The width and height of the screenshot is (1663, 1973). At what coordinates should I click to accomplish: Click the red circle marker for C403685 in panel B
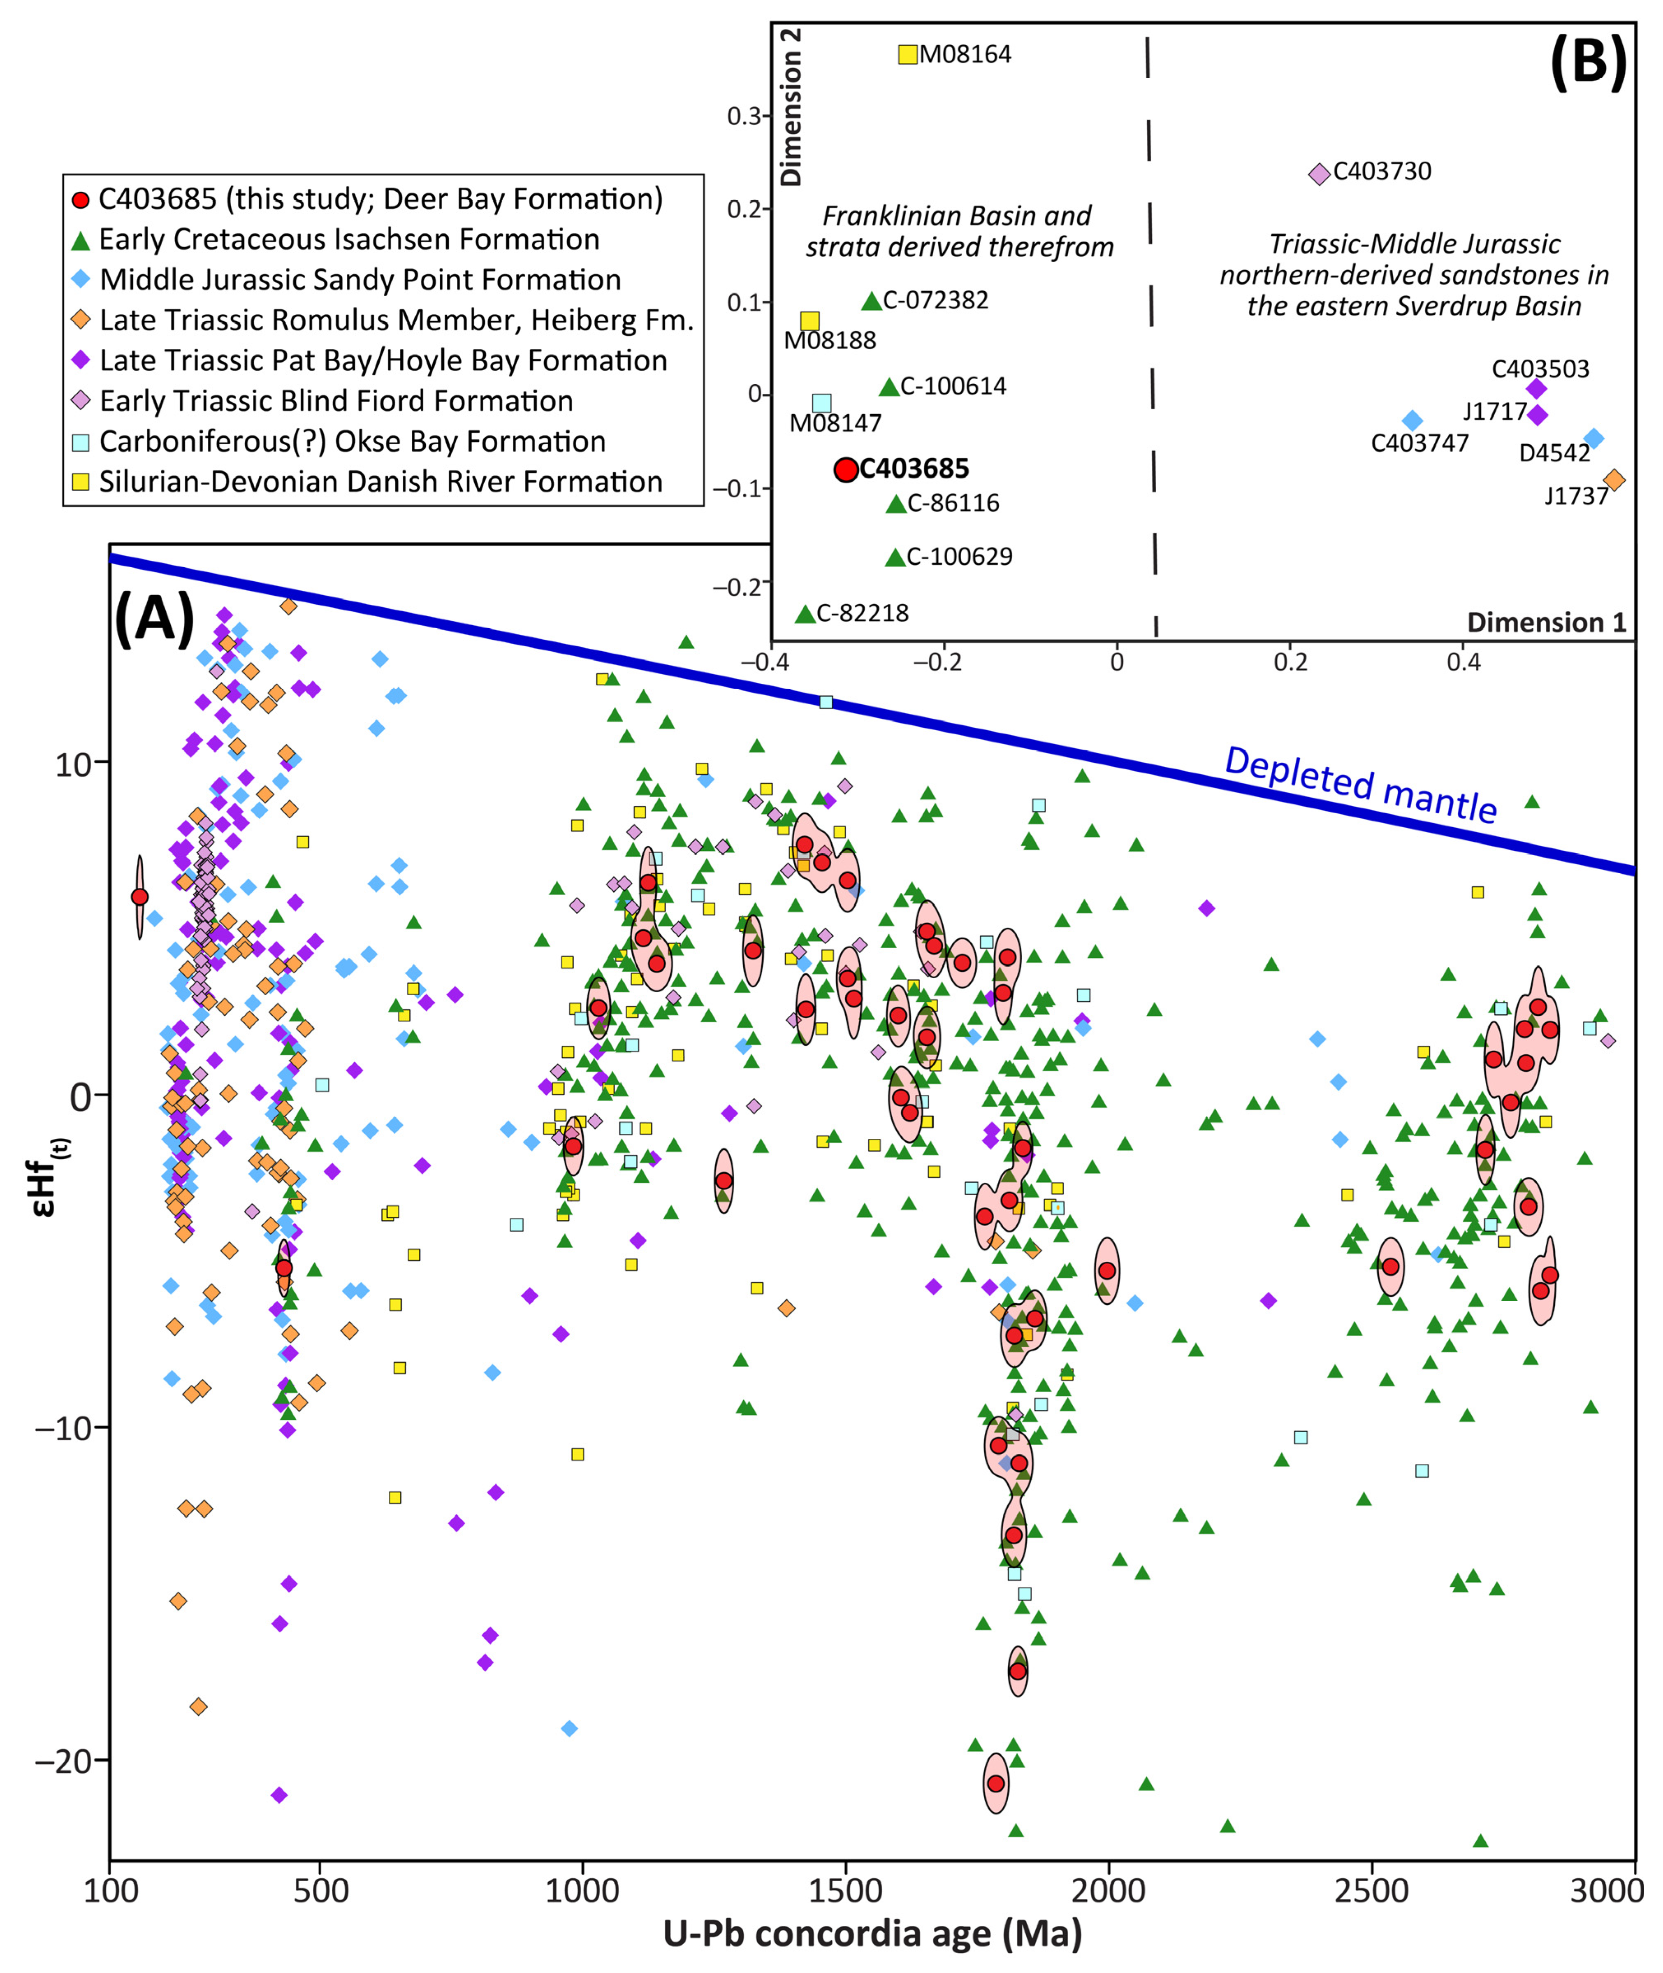846,469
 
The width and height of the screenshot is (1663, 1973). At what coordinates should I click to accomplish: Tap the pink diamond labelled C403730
1319,174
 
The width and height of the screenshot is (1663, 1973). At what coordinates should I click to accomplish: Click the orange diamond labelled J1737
1614,480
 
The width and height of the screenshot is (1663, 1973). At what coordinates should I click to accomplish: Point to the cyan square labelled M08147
822,404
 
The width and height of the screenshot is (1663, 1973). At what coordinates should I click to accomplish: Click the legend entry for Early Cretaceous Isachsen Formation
349,239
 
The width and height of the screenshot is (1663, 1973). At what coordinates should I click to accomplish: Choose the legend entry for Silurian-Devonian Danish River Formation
380,482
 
